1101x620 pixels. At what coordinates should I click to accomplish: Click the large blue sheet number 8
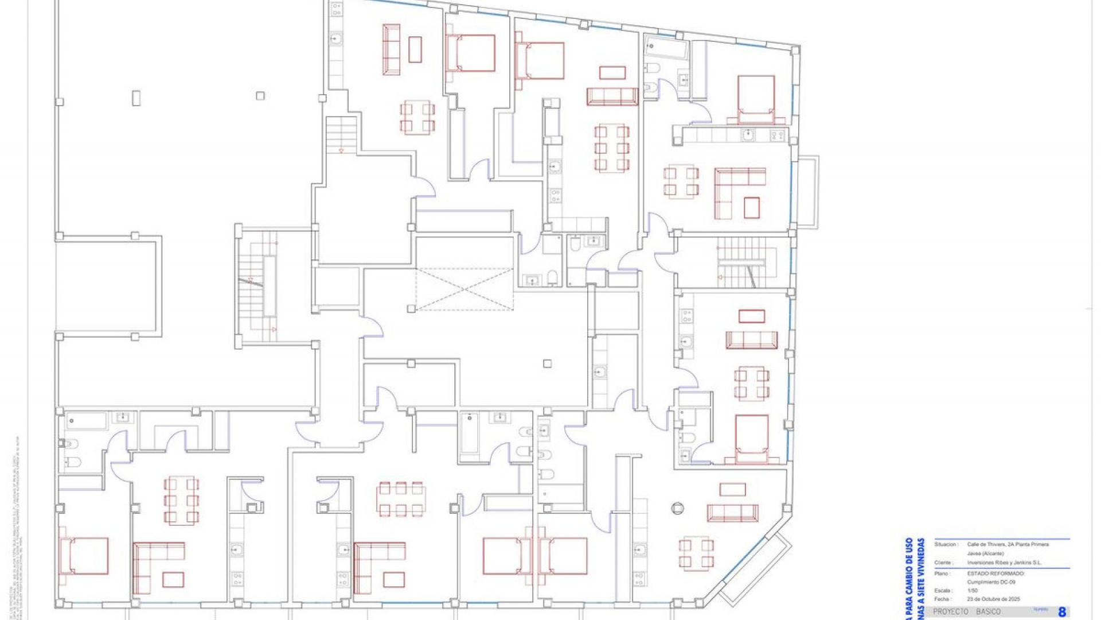click(1061, 612)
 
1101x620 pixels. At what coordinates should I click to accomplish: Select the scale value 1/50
click(973, 590)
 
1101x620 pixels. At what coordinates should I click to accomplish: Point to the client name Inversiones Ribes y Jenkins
click(1004, 563)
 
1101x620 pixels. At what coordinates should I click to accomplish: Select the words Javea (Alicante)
click(985, 553)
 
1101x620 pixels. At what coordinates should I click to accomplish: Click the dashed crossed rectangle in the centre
click(464, 289)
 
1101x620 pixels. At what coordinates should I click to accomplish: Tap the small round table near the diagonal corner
click(678, 508)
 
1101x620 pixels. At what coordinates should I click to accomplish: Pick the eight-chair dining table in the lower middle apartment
click(401, 499)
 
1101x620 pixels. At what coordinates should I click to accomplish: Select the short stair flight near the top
click(342, 134)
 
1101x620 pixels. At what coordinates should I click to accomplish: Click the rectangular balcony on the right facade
click(808, 191)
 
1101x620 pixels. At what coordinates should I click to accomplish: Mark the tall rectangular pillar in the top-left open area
click(136, 98)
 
